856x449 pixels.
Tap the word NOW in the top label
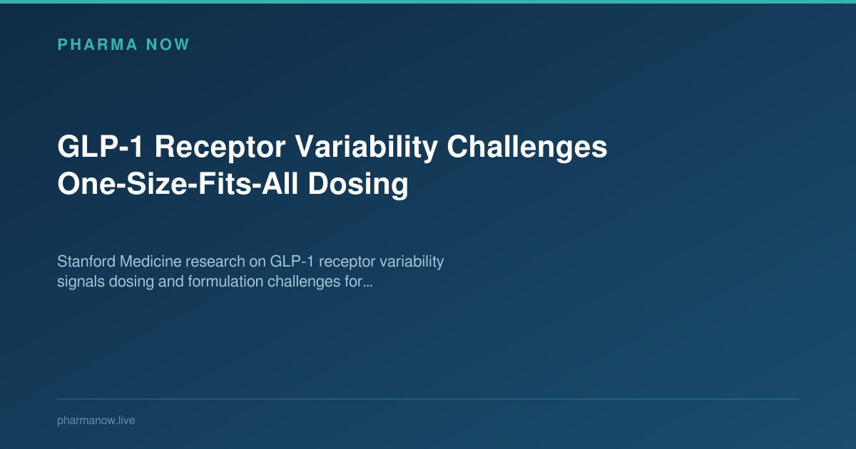[x=168, y=45]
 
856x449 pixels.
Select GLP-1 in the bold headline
[x=100, y=148]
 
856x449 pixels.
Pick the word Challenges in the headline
[x=528, y=148]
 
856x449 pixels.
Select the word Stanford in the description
[x=84, y=262]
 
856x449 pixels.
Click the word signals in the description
[x=78, y=282]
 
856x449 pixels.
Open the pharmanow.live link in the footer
[x=96, y=420]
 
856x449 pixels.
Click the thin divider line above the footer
[x=428, y=399]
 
